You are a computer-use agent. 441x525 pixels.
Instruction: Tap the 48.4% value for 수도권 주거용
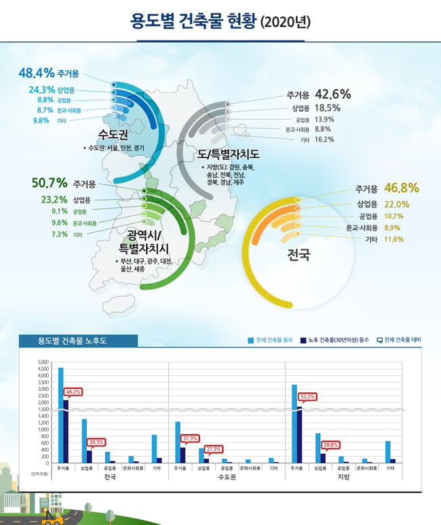pos(33,72)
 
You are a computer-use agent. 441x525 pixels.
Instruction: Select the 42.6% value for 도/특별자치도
pos(332,94)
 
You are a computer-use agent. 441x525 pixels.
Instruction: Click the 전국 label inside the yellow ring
pos(299,255)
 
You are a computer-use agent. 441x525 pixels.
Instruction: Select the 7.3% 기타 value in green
pos(40,234)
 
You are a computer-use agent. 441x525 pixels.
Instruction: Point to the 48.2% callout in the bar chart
pos(73,392)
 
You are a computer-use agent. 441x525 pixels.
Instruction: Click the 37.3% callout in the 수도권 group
pos(191,438)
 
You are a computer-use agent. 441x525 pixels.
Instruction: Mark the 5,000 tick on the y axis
pos(43,362)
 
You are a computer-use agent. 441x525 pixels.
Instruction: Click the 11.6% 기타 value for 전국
pos(394,239)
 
